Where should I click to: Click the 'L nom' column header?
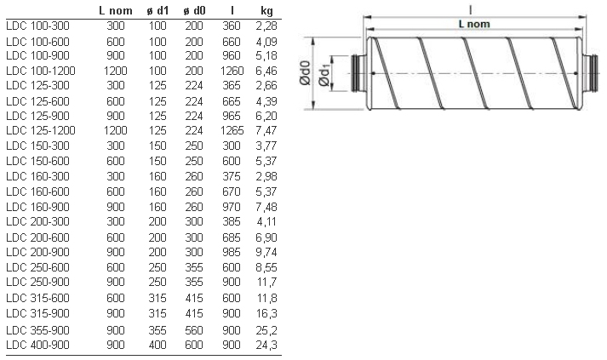coord(116,10)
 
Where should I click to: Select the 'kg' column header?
coord(266,11)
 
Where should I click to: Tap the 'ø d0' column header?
coord(194,10)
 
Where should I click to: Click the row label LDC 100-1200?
coord(41,71)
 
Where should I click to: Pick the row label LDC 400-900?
coord(37,345)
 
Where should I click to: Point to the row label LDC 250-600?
coord(37,267)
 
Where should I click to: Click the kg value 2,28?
coord(266,26)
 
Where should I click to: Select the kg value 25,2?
coord(266,330)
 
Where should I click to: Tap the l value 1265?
coord(232,130)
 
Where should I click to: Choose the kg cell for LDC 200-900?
coord(266,252)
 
